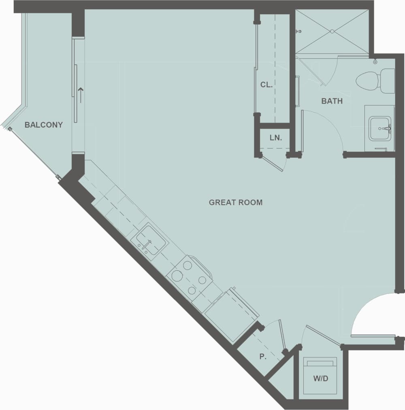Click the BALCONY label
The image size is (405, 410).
tap(44, 125)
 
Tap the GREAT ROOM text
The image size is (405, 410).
tap(236, 202)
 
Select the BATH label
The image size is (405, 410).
tap(332, 101)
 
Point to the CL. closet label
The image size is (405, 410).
tap(266, 85)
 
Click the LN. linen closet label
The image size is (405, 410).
tap(275, 138)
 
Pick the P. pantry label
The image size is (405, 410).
tap(263, 357)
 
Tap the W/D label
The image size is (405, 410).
tap(320, 379)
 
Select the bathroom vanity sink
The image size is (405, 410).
tap(379, 128)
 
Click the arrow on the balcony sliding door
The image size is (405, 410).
tap(81, 95)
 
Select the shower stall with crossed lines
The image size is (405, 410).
tap(332, 31)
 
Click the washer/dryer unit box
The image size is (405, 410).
tap(321, 376)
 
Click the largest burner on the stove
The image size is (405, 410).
tap(177, 276)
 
